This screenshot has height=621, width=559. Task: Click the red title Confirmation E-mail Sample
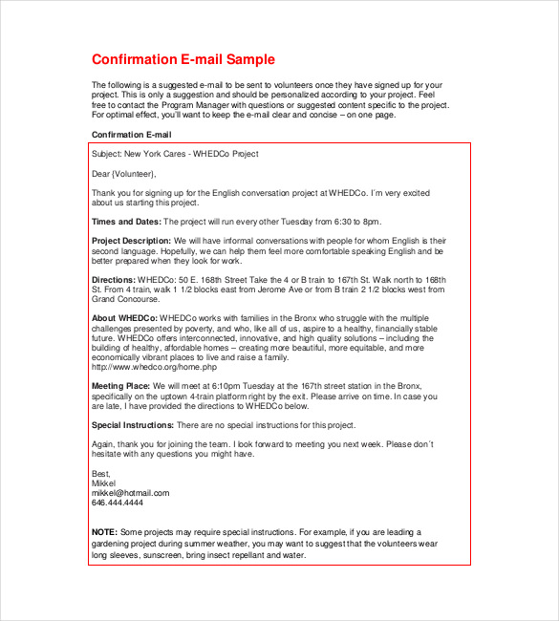point(183,59)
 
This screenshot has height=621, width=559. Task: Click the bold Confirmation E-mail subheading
point(131,135)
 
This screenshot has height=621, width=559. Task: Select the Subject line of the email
point(175,154)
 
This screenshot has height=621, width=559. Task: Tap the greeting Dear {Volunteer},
point(123,174)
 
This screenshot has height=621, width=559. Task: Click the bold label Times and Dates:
point(126,222)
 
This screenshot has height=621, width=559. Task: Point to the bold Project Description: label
point(132,241)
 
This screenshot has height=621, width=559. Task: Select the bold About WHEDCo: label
point(124,317)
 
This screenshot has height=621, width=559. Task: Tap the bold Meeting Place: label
point(121,385)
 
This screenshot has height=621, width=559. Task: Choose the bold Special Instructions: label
point(133,425)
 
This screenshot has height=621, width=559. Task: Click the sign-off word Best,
point(101,474)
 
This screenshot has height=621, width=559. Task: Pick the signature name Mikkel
point(104,483)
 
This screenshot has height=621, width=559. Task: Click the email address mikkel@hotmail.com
point(130,493)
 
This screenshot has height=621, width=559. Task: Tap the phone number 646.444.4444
point(118,503)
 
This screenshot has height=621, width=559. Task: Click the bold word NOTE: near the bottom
point(104,532)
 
